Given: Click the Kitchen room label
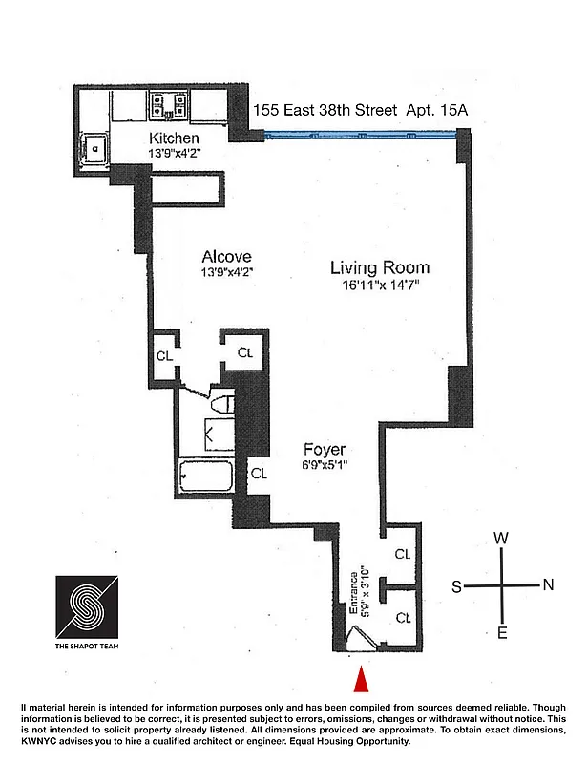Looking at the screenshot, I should (174, 139).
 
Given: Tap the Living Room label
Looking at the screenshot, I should (380, 267).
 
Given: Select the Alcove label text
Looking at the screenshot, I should (227, 256).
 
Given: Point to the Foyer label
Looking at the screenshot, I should (325, 450).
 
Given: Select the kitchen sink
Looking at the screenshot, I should (95, 149).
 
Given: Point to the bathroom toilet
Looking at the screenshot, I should (220, 404).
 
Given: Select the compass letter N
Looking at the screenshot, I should (547, 585).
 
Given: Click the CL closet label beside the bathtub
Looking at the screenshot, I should (259, 473).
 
